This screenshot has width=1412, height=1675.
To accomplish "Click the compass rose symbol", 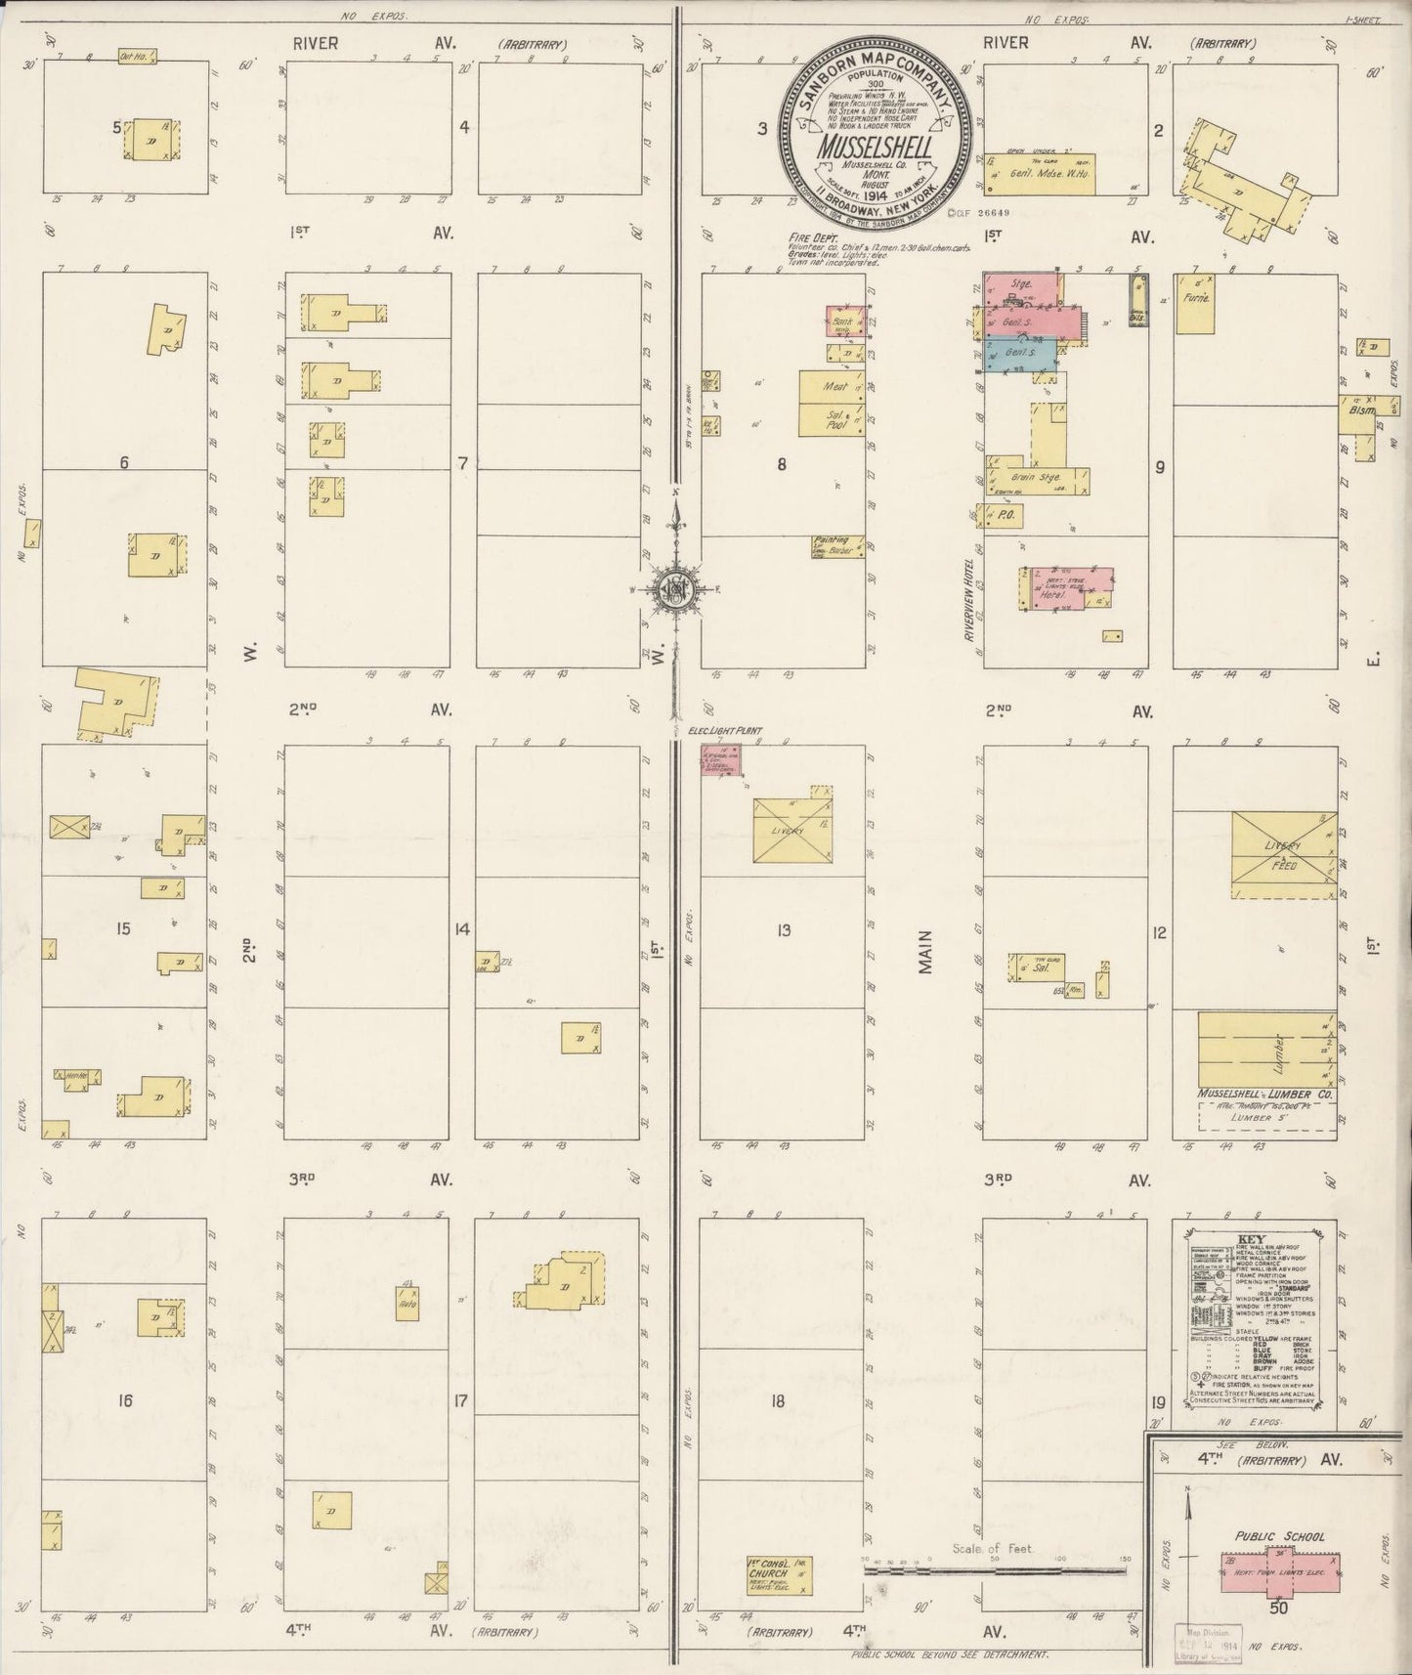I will (675, 588).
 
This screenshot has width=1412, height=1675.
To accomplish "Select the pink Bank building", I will (844, 321).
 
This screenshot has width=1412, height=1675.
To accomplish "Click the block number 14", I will (462, 929).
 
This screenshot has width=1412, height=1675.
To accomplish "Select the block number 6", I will (124, 463).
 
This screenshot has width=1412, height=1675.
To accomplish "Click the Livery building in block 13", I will (792, 831).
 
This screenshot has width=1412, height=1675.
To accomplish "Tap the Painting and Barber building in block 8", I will (837, 546).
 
